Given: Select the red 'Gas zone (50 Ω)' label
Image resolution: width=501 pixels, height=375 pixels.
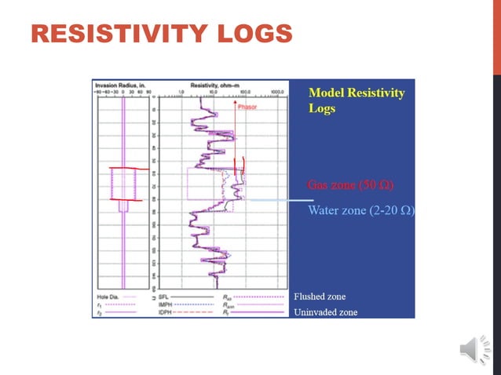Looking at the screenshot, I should [x=349, y=186].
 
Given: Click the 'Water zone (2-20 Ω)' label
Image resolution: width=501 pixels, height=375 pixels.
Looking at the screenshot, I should [x=360, y=210].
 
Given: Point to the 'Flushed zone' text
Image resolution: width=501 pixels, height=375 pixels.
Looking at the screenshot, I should [x=319, y=297].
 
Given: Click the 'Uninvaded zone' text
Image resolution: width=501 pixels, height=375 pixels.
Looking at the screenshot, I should [x=325, y=311].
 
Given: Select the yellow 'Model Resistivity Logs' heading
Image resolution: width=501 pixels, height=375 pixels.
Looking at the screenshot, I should [x=357, y=100].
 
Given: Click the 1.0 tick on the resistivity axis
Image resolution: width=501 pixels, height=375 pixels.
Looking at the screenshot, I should [x=181, y=91].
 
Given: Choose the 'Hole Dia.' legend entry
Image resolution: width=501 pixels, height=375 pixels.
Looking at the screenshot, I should [x=104, y=297].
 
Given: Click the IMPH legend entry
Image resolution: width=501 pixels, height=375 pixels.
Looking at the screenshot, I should [x=166, y=304].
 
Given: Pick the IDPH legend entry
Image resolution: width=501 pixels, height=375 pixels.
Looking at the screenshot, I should [x=166, y=311].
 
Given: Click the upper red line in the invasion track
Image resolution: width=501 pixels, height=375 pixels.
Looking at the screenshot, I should [x=123, y=169].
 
